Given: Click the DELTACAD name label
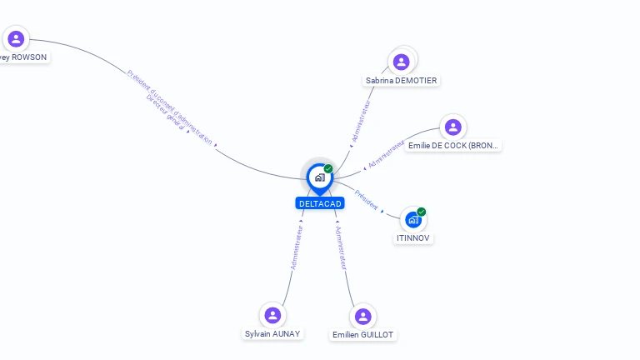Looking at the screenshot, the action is [x=319, y=203].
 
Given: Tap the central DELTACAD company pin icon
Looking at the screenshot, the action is [x=319, y=177].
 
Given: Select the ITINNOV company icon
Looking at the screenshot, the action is [x=413, y=220].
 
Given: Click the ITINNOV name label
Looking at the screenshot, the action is [x=414, y=238].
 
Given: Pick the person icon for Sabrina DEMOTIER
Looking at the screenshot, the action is [x=401, y=62].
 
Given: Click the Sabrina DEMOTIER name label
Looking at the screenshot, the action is [x=401, y=81].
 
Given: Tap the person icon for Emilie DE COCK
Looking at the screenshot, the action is [x=452, y=127].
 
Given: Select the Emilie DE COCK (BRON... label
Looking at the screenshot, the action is [x=454, y=146].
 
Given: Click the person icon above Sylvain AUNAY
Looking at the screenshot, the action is [x=272, y=315].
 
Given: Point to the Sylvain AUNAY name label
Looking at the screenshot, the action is [x=272, y=334].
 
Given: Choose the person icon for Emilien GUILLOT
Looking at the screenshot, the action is [x=362, y=317].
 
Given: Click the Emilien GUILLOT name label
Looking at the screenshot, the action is [x=362, y=335].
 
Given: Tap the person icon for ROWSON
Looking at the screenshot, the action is [x=16, y=38].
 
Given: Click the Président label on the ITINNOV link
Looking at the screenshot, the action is [x=367, y=200].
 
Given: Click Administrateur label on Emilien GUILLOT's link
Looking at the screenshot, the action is [x=341, y=247].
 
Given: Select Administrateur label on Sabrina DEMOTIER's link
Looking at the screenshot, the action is [x=360, y=122].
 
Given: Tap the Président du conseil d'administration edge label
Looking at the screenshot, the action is [x=170, y=106].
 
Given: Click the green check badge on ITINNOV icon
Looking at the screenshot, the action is [x=422, y=212].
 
